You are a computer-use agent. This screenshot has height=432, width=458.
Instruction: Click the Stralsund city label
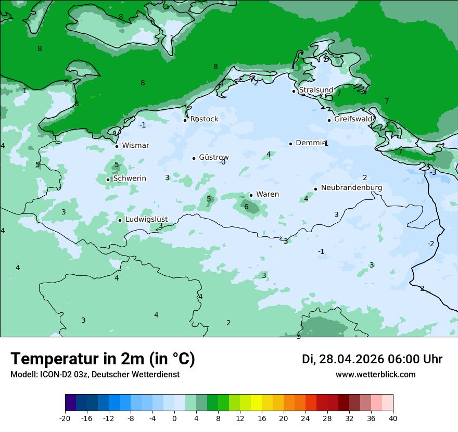(x=316, y=90)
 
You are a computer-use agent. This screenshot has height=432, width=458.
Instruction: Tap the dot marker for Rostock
(x=185, y=120)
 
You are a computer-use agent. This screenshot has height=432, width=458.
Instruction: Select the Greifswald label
(x=353, y=119)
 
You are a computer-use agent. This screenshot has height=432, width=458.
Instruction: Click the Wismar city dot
(x=117, y=146)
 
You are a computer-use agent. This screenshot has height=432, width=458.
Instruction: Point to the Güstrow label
(x=213, y=157)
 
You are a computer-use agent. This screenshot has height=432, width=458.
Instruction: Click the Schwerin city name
(x=130, y=179)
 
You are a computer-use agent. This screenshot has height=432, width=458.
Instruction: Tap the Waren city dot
(x=251, y=195)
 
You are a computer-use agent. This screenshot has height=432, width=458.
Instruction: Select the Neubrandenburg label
(x=351, y=188)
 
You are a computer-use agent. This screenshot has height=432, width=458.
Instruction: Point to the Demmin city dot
(x=290, y=144)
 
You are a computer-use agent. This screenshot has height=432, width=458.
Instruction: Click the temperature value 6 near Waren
(x=246, y=207)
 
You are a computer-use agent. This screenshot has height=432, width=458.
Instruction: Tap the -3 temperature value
(x=432, y=173)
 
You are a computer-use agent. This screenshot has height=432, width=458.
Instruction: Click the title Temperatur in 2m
(x=103, y=359)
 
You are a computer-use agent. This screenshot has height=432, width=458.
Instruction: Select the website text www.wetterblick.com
(x=375, y=375)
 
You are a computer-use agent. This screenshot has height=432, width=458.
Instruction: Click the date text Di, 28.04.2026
(x=342, y=359)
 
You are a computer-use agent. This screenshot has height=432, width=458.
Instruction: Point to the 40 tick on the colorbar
(x=393, y=418)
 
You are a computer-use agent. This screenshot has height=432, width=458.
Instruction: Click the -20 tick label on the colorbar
(x=65, y=418)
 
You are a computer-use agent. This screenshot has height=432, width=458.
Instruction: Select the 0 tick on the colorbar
(x=174, y=418)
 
